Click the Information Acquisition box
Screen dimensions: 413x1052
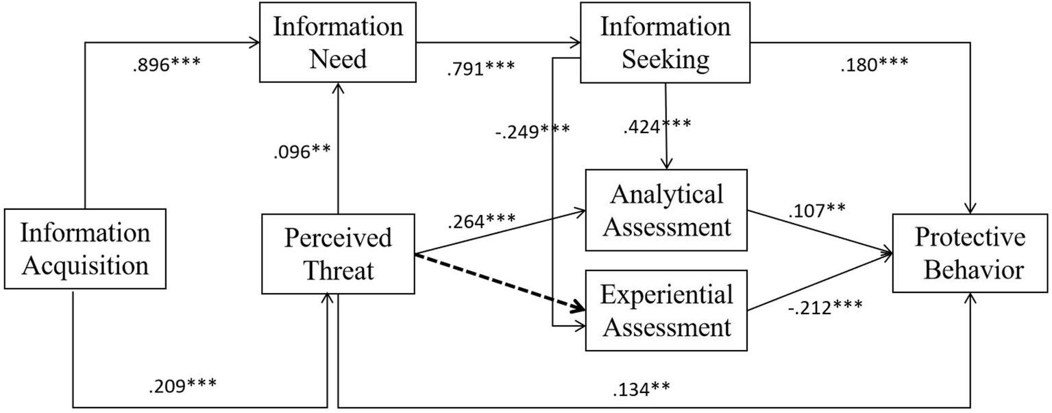(85, 248)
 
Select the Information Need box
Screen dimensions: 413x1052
(338, 43)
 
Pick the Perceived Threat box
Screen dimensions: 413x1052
(338, 254)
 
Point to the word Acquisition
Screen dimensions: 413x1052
(85, 264)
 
